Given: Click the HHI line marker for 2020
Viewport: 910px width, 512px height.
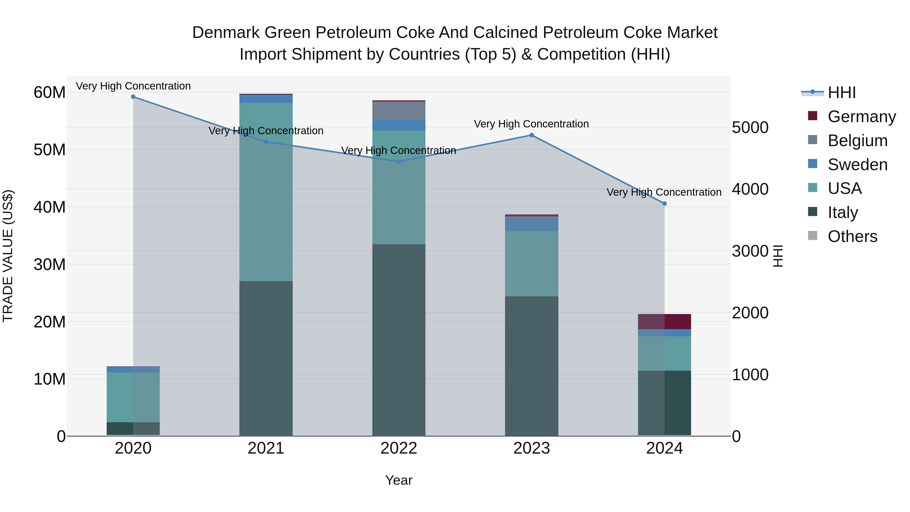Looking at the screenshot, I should (133, 97).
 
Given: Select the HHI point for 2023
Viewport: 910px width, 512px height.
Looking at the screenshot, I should (531, 135).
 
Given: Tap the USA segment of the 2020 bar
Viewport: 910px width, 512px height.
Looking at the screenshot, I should (133, 397).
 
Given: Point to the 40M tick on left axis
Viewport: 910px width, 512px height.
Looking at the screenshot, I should (50, 207).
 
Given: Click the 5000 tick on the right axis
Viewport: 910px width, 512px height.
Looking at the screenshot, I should (750, 128).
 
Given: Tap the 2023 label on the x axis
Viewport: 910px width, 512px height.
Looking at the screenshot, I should (531, 448).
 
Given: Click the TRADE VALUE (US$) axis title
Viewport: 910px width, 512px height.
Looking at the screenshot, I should (8, 256).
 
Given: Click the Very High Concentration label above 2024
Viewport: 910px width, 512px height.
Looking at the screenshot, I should (664, 192).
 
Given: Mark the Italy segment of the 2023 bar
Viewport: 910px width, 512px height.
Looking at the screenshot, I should (531, 366).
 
